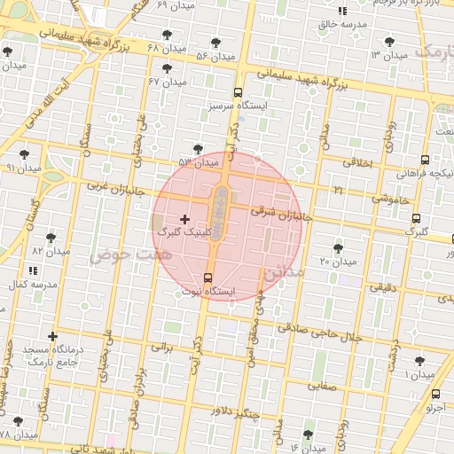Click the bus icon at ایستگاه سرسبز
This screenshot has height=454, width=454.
pos(237,92)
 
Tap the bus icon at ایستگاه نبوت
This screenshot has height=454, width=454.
pos(208,278)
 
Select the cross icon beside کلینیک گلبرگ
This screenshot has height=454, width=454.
pos(184,218)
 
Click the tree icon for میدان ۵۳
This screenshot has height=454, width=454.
pos(197,149)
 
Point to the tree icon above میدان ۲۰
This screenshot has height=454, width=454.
pos(338,247)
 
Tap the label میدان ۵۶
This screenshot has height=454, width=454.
pos(215,56)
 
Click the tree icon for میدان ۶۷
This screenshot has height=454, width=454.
pos(167,68)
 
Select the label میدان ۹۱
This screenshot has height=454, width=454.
pos(23,168)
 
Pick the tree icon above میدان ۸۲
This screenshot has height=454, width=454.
pos(51,238)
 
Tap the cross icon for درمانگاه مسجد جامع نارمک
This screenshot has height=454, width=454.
pos(53,336)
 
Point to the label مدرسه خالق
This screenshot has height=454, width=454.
pos(341,24)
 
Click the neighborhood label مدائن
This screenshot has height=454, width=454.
pos(283,271)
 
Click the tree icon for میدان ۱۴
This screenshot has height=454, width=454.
pos(308,434)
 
